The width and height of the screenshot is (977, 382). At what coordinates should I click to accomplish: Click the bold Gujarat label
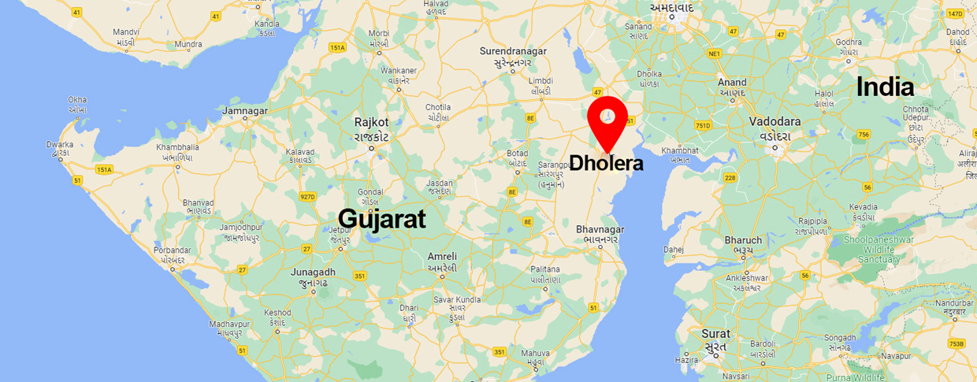coord(382,218)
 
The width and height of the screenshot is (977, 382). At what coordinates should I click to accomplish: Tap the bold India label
coord(885,87)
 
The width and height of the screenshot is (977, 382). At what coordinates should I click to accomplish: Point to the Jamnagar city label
coord(246,111)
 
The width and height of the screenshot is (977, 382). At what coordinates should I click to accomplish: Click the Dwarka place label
coord(60,144)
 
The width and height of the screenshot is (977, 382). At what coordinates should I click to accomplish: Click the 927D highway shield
coord(307,196)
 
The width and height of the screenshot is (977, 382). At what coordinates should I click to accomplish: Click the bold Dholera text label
coord(607,164)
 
